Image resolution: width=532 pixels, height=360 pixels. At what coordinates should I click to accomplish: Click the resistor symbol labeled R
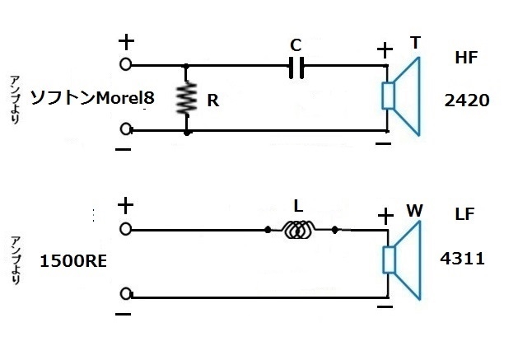(188, 98)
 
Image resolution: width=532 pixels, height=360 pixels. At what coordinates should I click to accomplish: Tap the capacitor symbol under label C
(296, 65)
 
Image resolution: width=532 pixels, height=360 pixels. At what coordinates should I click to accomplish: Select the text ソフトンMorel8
(91, 98)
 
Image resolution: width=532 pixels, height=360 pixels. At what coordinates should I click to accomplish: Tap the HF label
(467, 58)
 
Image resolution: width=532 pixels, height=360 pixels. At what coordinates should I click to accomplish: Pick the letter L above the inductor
(299, 203)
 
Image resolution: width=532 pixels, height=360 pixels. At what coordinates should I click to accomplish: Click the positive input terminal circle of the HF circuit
(125, 63)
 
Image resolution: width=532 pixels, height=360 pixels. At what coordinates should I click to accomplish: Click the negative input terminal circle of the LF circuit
(125, 294)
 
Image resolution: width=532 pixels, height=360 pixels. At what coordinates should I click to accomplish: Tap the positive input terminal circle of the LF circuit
(125, 228)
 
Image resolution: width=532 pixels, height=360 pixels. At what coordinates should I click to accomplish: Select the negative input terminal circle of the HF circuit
(125, 129)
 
